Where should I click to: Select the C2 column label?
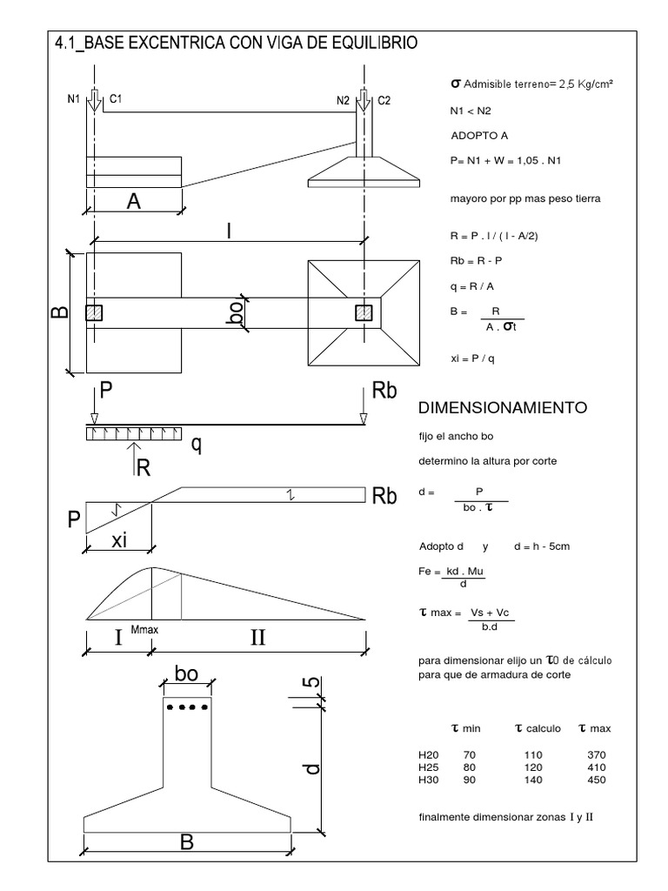click(x=384, y=100)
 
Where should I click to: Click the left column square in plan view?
click(x=94, y=312)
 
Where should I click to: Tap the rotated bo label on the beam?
click(x=233, y=312)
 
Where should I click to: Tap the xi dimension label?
click(x=119, y=540)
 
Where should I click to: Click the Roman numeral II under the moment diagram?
click(x=258, y=638)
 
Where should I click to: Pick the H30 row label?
click(x=428, y=779)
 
